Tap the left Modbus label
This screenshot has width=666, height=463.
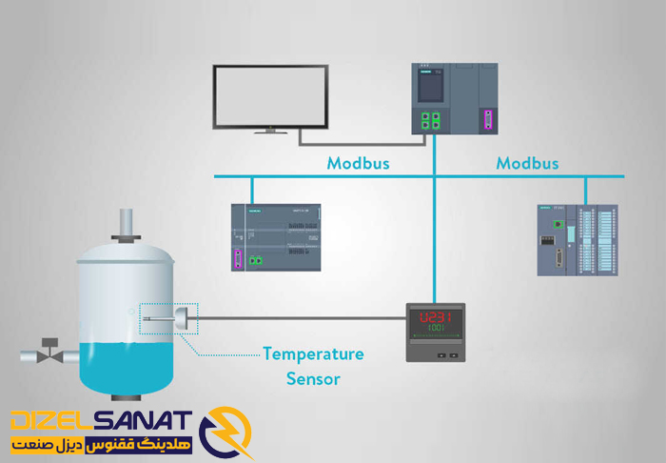(359, 163)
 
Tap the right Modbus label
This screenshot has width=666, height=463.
(527, 163)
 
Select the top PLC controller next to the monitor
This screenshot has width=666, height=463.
(455, 99)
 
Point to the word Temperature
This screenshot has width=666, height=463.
(313, 354)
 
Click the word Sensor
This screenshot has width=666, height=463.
(313, 379)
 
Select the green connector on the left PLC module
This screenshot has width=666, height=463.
(254, 259)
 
